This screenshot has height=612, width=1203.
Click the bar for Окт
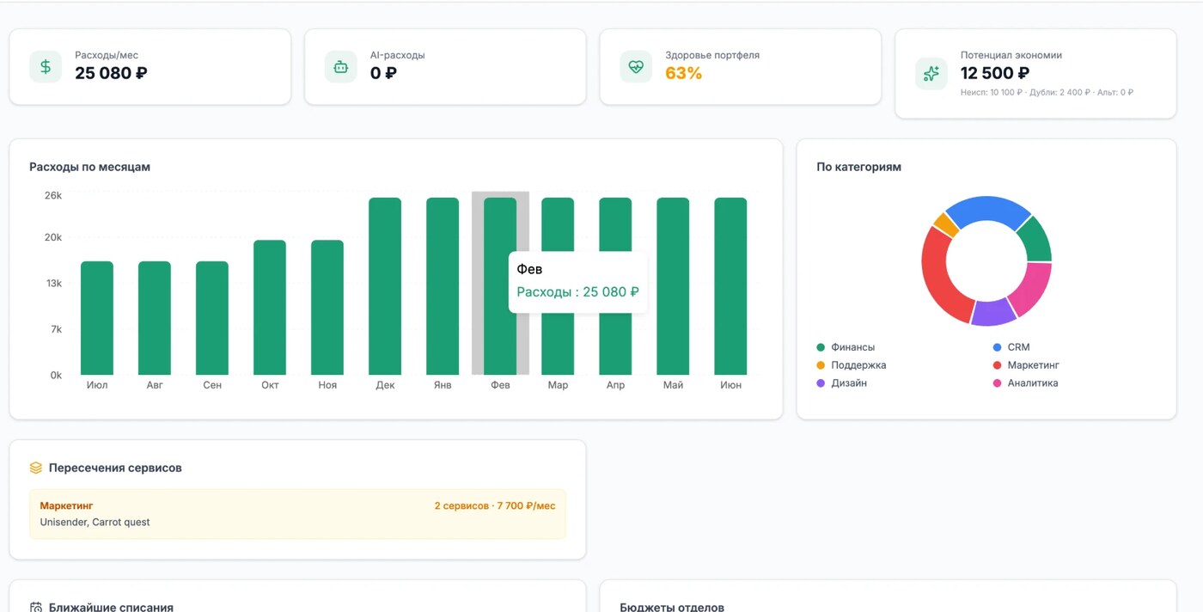pyautogui.click(x=270, y=308)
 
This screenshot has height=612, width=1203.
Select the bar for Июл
pyautogui.click(x=96, y=318)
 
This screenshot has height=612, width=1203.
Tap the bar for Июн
pyautogui.click(x=730, y=286)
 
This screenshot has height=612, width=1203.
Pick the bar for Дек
pyautogui.click(x=385, y=286)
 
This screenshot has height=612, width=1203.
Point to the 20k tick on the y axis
pyautogui.click(x=53, y=237)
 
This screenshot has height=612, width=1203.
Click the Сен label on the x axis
pyautogui.click(x=212, y=385)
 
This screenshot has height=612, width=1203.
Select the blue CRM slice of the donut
pyautogui.click(x=987, y=209)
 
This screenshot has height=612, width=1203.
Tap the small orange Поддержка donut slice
pyautogui.click(x=946, y=224)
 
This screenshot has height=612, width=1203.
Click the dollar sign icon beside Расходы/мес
pyautogui.click(x=46, y=67)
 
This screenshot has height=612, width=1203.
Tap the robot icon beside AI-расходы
pyautogui.click(x=341, y=67)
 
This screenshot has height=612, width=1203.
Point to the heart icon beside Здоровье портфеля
pyautogui.click(x=636, y=67)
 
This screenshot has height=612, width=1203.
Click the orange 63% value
pyautogui.click(x=683, y=73)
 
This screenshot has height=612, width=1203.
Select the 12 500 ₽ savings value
pyautogui.click(x=995, y=73)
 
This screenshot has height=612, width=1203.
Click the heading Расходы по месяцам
pyautogui.click(x=89, y=167)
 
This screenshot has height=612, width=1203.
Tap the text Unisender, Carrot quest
pyautogui.click(x=95, y=522)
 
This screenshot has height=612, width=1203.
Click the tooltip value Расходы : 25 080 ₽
pyautogui.click(x=577, y=291)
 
